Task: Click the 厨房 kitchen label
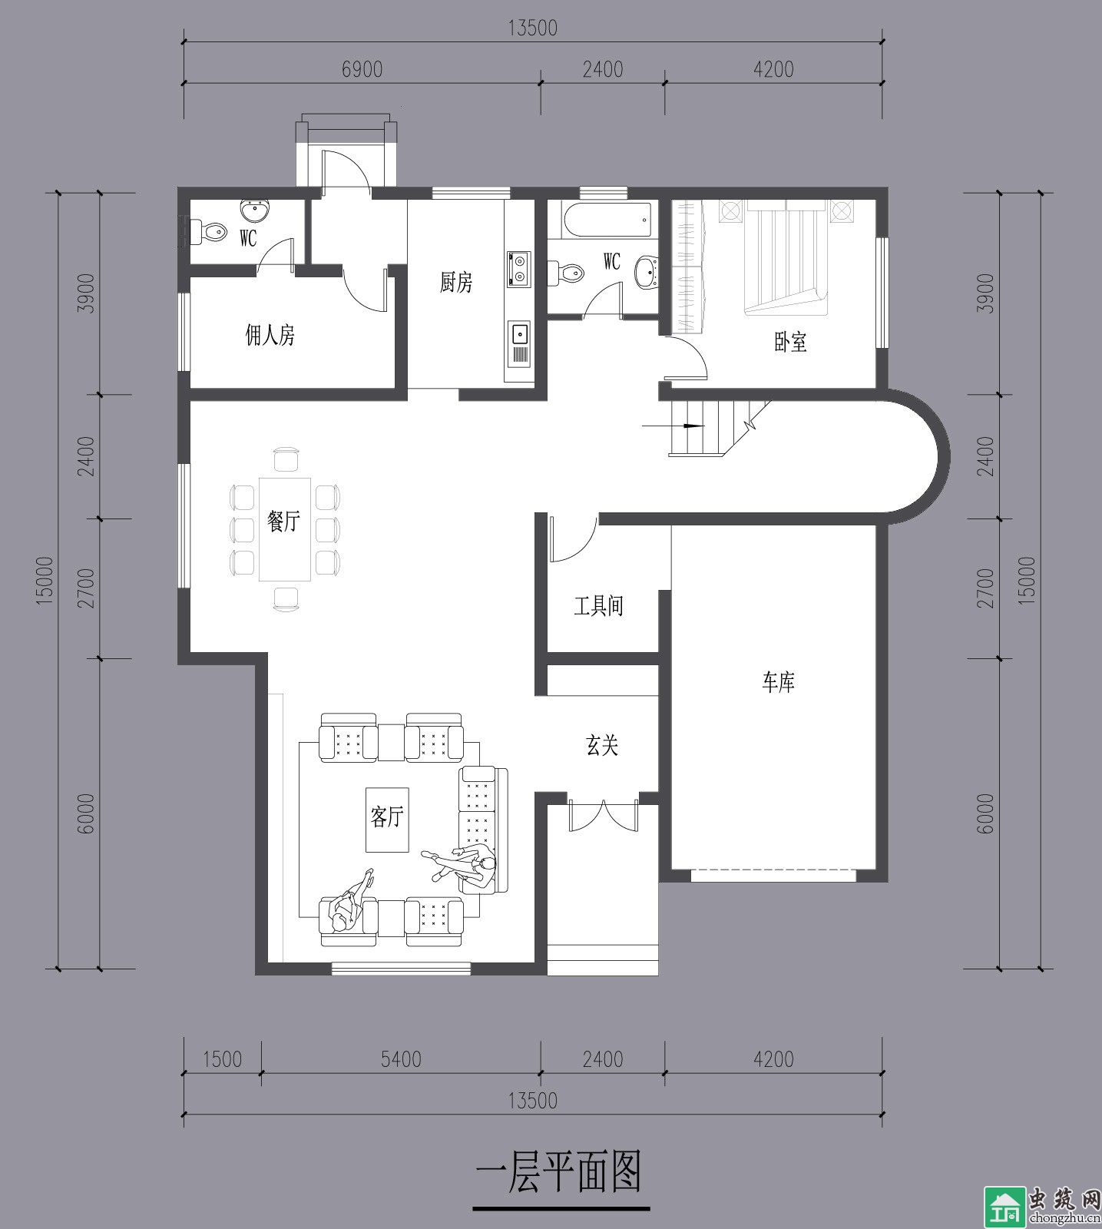click(x=456, y=282)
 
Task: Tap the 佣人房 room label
click(x=270, y=335)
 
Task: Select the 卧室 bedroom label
click(x=790, y=342)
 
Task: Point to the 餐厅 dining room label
click(x=283, y=522)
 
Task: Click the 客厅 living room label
click(x=386, y=817)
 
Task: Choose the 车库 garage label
click(x=778, y=682)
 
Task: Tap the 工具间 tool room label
click(x=598, y=606)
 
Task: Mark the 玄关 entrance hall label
click(x=602, y=744)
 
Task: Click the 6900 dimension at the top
click(x=362, y=69)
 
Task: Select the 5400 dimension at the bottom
click(x=401, y=1059)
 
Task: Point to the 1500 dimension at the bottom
click(x=223, y=1059)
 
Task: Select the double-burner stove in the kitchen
click(x=519, y=269)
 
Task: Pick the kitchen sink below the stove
click(x=519, y=334)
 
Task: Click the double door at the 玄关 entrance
click(x=603, y=815)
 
